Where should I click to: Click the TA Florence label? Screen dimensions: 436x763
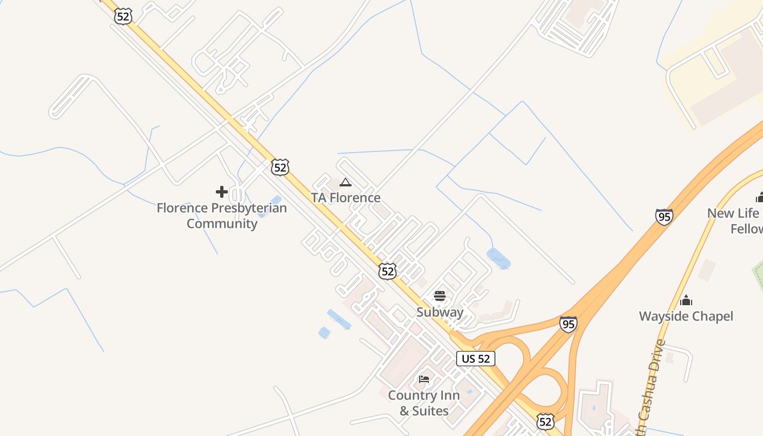click(346, 197)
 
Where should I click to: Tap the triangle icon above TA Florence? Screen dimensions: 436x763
click(345, 182)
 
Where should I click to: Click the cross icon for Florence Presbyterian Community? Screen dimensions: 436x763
click(222, 192)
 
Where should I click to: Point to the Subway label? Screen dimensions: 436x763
click(440, 312)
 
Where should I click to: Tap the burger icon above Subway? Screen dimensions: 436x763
click(440, 296)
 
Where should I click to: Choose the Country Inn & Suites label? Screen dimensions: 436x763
click(423, 403)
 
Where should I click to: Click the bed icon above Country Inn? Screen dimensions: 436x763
click(424, 379)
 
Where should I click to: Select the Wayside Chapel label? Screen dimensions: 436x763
click(686, 316)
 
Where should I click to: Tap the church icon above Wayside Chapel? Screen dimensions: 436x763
click(686, 300)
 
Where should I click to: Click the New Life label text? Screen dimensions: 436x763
click(734, 214)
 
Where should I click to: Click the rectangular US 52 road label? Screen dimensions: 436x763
click(476, 358)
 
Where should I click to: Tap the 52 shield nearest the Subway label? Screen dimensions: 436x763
click(387, 271)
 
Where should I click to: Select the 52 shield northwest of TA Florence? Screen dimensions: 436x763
click(280, 167)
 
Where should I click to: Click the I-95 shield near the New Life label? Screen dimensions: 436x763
click(664, 216)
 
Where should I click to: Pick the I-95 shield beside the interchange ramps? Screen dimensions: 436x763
click(568, 324)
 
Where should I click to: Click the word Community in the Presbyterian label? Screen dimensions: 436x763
click(222, 223)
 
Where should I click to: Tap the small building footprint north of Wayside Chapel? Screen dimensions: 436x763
click(707, 270)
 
